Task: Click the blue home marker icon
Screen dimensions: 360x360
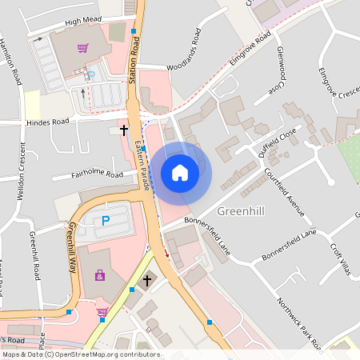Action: [179, 173]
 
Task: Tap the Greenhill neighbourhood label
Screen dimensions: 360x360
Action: [247, 211]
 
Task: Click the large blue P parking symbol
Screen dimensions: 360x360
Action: [104, 220]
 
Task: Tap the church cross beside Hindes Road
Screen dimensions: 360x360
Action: [124, 128]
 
